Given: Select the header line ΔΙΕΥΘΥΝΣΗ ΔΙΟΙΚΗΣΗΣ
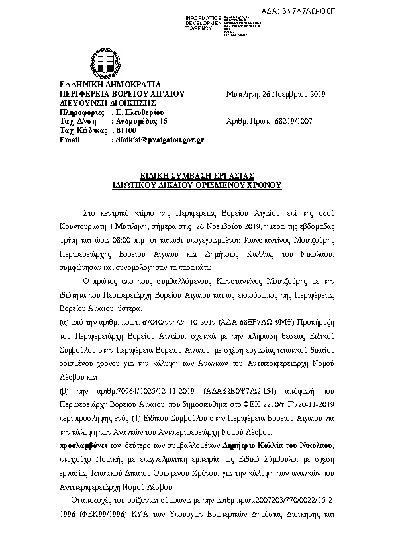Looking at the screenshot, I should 98,103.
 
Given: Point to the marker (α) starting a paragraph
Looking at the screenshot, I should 64,319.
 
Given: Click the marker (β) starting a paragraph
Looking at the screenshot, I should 65,391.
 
